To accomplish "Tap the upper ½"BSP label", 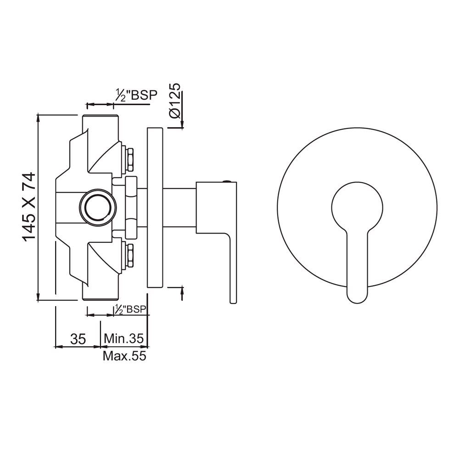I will click(135, 95).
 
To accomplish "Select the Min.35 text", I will click(124, 339).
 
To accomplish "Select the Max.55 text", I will click(124, 356).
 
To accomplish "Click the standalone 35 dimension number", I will click(78, 339).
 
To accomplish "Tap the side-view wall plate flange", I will click(155, 207).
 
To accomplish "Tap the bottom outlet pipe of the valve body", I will click(100, 291).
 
